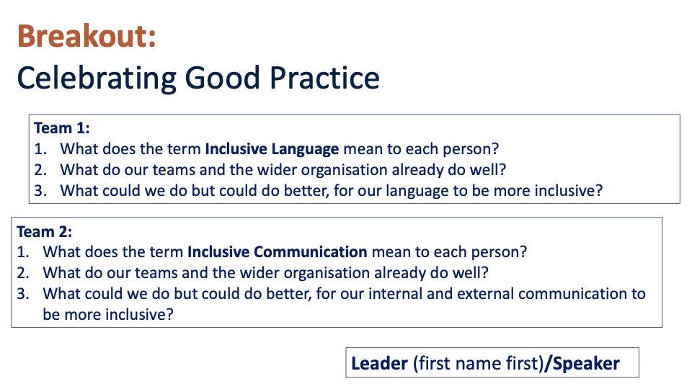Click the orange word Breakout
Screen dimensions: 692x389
click(x=86, y=36)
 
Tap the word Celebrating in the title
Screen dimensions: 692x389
click(x=97, y=79)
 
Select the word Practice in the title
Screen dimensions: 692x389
click(x=324, y=78)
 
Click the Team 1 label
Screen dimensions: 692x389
click(x=62, y=128)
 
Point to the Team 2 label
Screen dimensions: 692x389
click(x=44, y=231)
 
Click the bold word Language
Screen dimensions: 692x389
click(x=305, y=150)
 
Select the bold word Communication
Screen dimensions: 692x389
click(x=310, y=252)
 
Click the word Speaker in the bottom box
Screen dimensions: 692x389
click(x=586, y=363)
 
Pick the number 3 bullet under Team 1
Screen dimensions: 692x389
click(x=40, y=190)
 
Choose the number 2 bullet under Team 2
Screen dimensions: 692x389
click(x=23, y=272)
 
